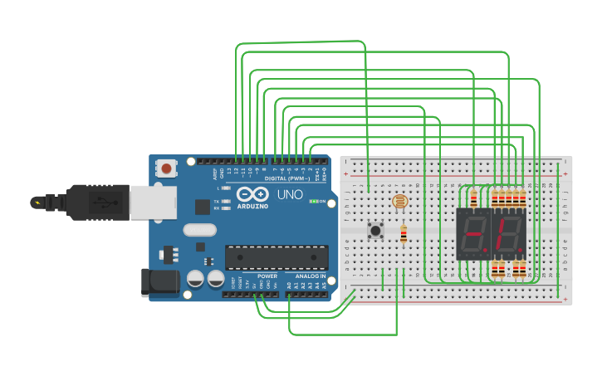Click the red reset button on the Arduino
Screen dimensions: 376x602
pos(167,168)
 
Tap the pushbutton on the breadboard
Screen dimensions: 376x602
pos(375,231)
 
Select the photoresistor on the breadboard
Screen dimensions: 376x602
pos(399,201)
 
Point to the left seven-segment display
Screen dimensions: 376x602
pos(473,234)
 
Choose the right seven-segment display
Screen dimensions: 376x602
pos(509,234)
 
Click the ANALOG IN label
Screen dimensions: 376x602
pos(307,276)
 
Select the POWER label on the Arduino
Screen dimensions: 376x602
pos(267,276)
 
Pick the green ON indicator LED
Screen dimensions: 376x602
pos(313,201)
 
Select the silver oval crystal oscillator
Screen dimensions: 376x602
pos(199,230)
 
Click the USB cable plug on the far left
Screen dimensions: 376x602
pos(46,202)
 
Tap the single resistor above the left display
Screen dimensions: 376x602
pos(473,199)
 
